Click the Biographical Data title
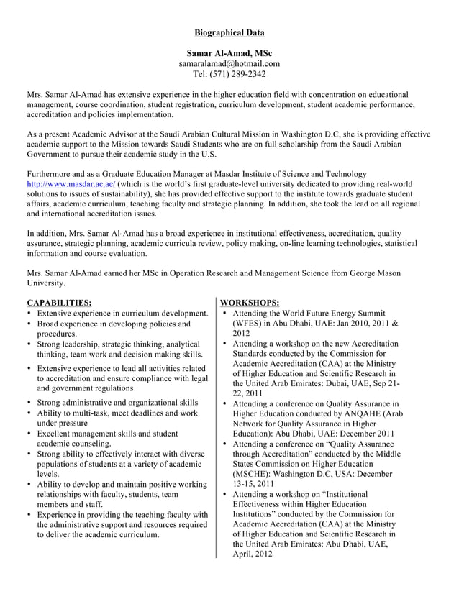point(229,32)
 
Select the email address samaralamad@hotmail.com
point(229,63)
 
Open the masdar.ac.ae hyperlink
point(70,184)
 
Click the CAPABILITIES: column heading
point(59,303)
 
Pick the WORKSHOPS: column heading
point(250,303)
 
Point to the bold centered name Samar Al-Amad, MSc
point(229,53)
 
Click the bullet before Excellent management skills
point(29,434)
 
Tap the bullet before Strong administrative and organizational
point(29,403)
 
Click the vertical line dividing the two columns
point(216,431)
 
